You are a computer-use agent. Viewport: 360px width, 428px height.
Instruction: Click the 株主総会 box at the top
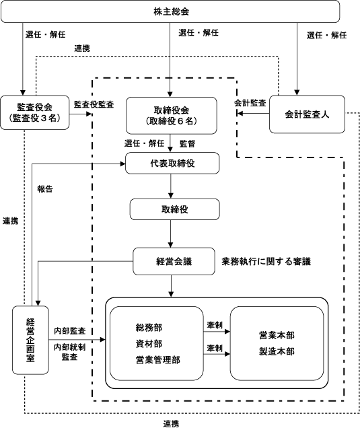pos(170,11)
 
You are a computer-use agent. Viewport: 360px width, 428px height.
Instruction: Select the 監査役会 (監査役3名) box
pos(35,112)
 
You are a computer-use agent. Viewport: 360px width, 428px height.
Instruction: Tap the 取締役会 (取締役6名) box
pos(172,116)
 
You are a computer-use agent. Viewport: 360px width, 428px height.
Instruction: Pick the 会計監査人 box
pos(307,114)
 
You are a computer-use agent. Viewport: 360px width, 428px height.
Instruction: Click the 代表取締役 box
pos(172,164)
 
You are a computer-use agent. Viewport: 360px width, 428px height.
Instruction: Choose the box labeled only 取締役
pos(175,209)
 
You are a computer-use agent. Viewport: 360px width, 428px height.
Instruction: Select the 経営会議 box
pos(174,261)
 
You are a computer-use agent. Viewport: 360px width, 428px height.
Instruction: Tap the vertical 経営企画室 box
pos(30,340)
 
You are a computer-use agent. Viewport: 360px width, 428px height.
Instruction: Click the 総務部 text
pos(149,327)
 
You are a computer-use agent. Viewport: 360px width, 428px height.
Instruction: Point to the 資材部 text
pos(149,344)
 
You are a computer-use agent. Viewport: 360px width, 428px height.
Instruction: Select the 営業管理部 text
pos(158,360)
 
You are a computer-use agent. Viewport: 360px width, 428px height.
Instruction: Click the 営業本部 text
pos(277,335)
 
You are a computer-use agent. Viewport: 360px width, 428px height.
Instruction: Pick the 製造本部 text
pos(277,351)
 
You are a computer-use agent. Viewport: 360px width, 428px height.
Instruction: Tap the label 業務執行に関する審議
pos(266,262)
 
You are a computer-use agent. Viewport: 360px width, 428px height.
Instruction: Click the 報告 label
pos(45,189)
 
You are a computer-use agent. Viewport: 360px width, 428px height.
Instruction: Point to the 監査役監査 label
pos(94,104)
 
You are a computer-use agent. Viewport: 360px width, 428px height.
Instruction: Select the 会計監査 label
pos(250,103)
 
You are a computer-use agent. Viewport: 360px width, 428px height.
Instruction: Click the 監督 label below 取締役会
pos(188,143)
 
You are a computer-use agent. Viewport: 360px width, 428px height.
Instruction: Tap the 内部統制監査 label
pos(69,352)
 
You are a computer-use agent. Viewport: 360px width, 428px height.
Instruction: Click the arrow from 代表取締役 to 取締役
pos(171,186)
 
